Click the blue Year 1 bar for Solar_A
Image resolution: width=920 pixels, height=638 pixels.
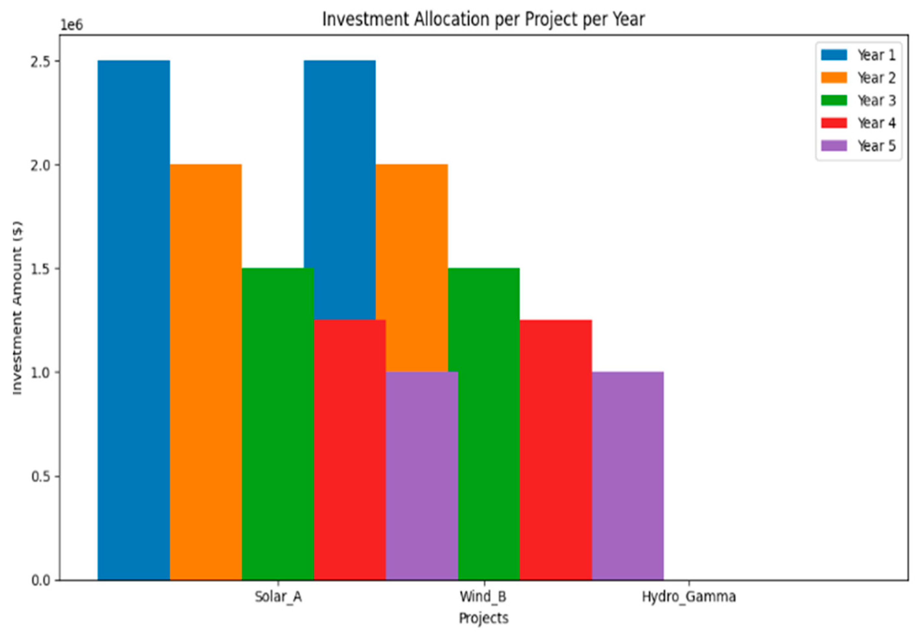[x=134, y=320]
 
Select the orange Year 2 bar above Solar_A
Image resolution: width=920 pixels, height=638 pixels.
[x=206, y=372]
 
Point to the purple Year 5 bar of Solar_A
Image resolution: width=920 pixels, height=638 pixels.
[x=422, y=476]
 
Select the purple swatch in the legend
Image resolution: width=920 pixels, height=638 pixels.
[x=834, y=146]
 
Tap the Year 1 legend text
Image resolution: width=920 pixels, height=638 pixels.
[x=876, y=55]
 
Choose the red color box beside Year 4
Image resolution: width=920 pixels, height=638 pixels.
[x=834, y=123]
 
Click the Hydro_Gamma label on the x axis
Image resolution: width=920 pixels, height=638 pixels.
[x=688, y=597]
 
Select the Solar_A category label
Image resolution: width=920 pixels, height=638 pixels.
[x=278, y=597]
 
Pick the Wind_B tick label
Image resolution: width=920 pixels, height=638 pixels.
[x=483, y=597]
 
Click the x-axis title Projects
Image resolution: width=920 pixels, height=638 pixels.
[x=484, y=618]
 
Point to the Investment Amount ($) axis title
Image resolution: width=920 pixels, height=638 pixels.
[x=17, y=308]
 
